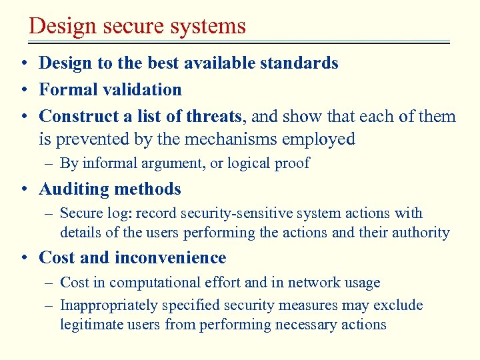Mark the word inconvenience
click(x=170, y=258)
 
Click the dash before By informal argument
click(x=51, y=163)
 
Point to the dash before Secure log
click(x=51, y=214)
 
